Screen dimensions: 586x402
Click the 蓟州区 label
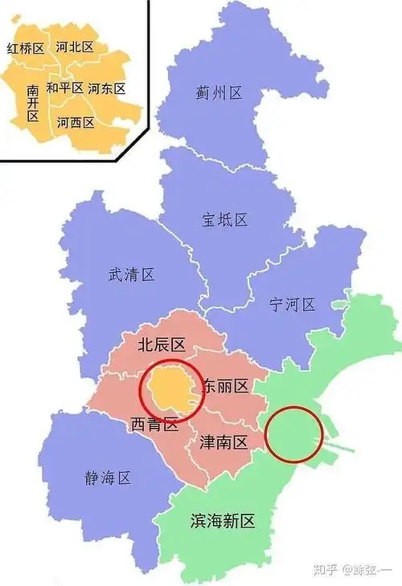coord(219,94)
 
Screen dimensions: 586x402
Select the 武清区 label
coord(131,275)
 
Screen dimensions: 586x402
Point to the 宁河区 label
coord(292,305)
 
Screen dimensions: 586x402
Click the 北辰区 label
coord(162,345)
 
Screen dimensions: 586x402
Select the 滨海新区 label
coord(223,521)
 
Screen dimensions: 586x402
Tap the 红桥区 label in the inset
coord(25,49)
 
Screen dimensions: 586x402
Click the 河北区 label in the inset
coord(75,47)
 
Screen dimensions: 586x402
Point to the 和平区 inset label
coord(65,87)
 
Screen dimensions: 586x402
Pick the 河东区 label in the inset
coord(107,88)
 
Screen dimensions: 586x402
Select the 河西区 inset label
coord(76,123)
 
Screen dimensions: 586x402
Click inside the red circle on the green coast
coord(294,434)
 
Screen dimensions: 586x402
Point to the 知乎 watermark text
coord(327,570)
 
